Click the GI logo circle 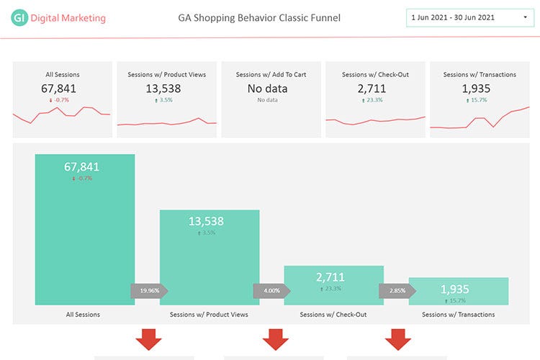[19, 18]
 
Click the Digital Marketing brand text [68, 18]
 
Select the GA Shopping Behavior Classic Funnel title [259, 17]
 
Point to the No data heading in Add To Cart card [267, 89]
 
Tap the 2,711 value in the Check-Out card [372, 89]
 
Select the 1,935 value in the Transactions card [476, 89]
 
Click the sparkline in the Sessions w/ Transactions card [480, 118]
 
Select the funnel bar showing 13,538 [210, 252]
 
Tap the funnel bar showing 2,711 [334, 284]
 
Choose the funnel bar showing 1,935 [459, 291]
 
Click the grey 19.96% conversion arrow [149, 291]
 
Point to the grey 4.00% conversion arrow [271, 291]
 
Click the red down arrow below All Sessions [149, 339]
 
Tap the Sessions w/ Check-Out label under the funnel [333, 315]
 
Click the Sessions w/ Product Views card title [167, 74]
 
